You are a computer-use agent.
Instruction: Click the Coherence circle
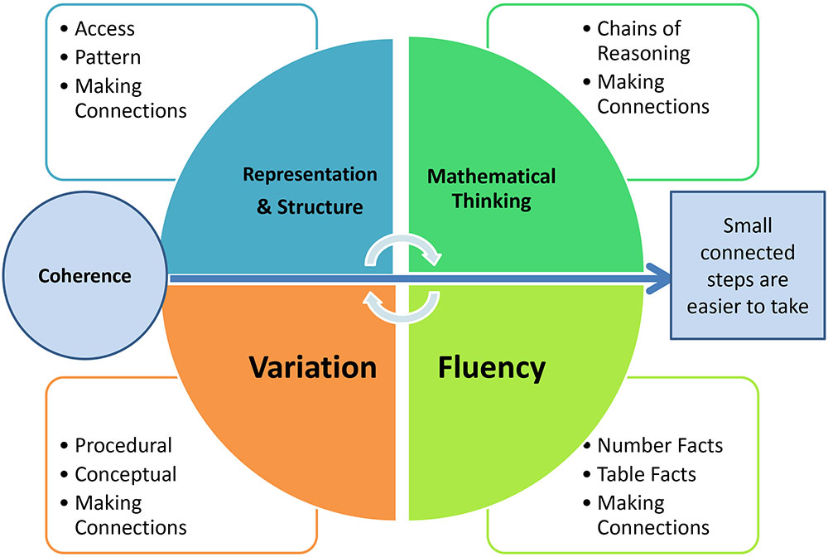(x=84, y=275)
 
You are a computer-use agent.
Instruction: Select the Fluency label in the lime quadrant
(x=491, y=367)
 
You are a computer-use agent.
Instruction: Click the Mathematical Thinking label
(x=491, y=188)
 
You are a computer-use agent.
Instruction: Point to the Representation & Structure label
(x=310, y=190)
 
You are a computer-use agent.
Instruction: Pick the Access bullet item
(x=104, y=29)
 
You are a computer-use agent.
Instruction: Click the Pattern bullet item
(x=108, y=58)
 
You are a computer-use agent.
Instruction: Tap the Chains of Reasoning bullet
(x=643, y=41)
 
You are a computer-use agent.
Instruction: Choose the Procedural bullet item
(x=123, y=445)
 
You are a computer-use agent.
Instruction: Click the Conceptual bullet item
(x=125, y=474)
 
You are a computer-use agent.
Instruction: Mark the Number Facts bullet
(x=659, y=445)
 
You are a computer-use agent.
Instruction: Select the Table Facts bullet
(x=646, y=474)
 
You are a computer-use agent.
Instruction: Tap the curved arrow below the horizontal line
(x=399, y=307)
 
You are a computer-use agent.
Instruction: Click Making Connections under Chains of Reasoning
(x=652, y=94)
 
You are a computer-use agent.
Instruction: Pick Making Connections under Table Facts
(x=652, y=515)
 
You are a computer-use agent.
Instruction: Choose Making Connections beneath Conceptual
(x=130, y=515)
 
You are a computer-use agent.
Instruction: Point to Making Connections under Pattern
(x=130, y=98)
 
